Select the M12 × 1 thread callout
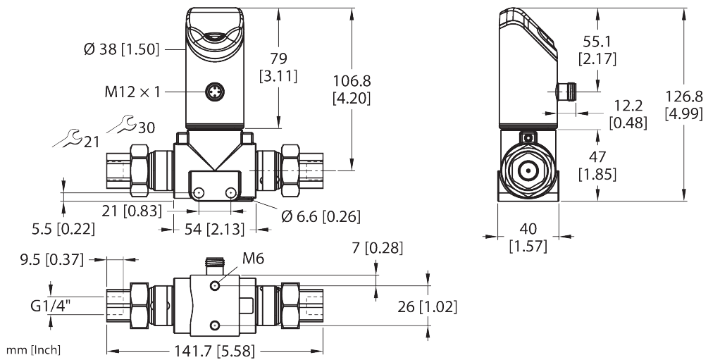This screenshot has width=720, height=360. pos(132,92)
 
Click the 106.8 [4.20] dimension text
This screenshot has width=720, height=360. pos(350,88)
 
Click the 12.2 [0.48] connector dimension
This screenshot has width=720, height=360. pos(627,113)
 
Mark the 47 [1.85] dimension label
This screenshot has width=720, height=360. pos(597,163)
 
